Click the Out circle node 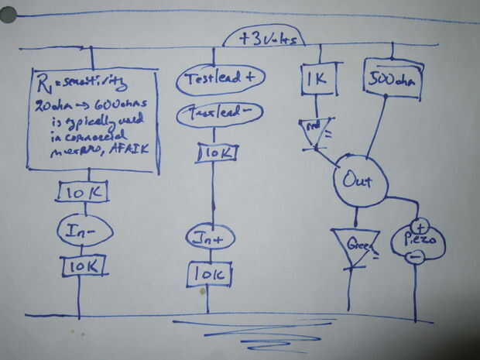coord(354,183)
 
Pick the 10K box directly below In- coord(83,267)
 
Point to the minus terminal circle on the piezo coord(415,258)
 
